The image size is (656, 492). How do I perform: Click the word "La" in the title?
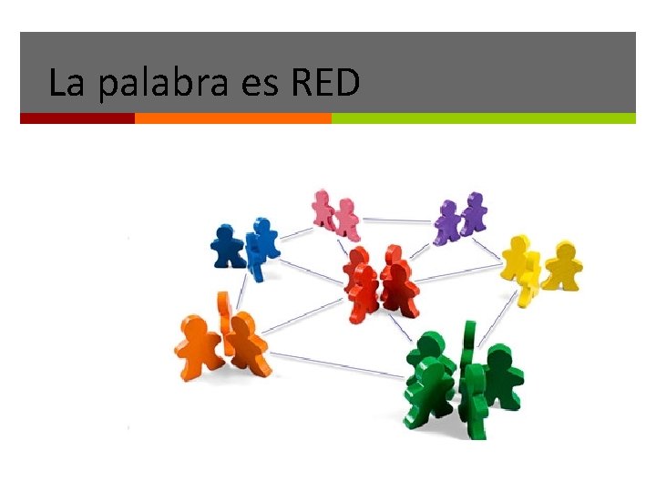click(x=66, y=83)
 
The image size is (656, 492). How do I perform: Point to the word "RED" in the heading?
click(x=325, y=83)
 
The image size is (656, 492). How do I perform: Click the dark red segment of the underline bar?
click(x=77, y=118)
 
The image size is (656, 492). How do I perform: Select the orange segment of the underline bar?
click(x=232, y=118)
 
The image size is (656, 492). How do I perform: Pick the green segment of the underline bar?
click(x=483, y=118)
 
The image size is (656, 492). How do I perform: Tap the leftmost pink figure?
click(x=323, y=208)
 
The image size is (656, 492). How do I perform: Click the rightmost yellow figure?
click(x=564, y=264)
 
